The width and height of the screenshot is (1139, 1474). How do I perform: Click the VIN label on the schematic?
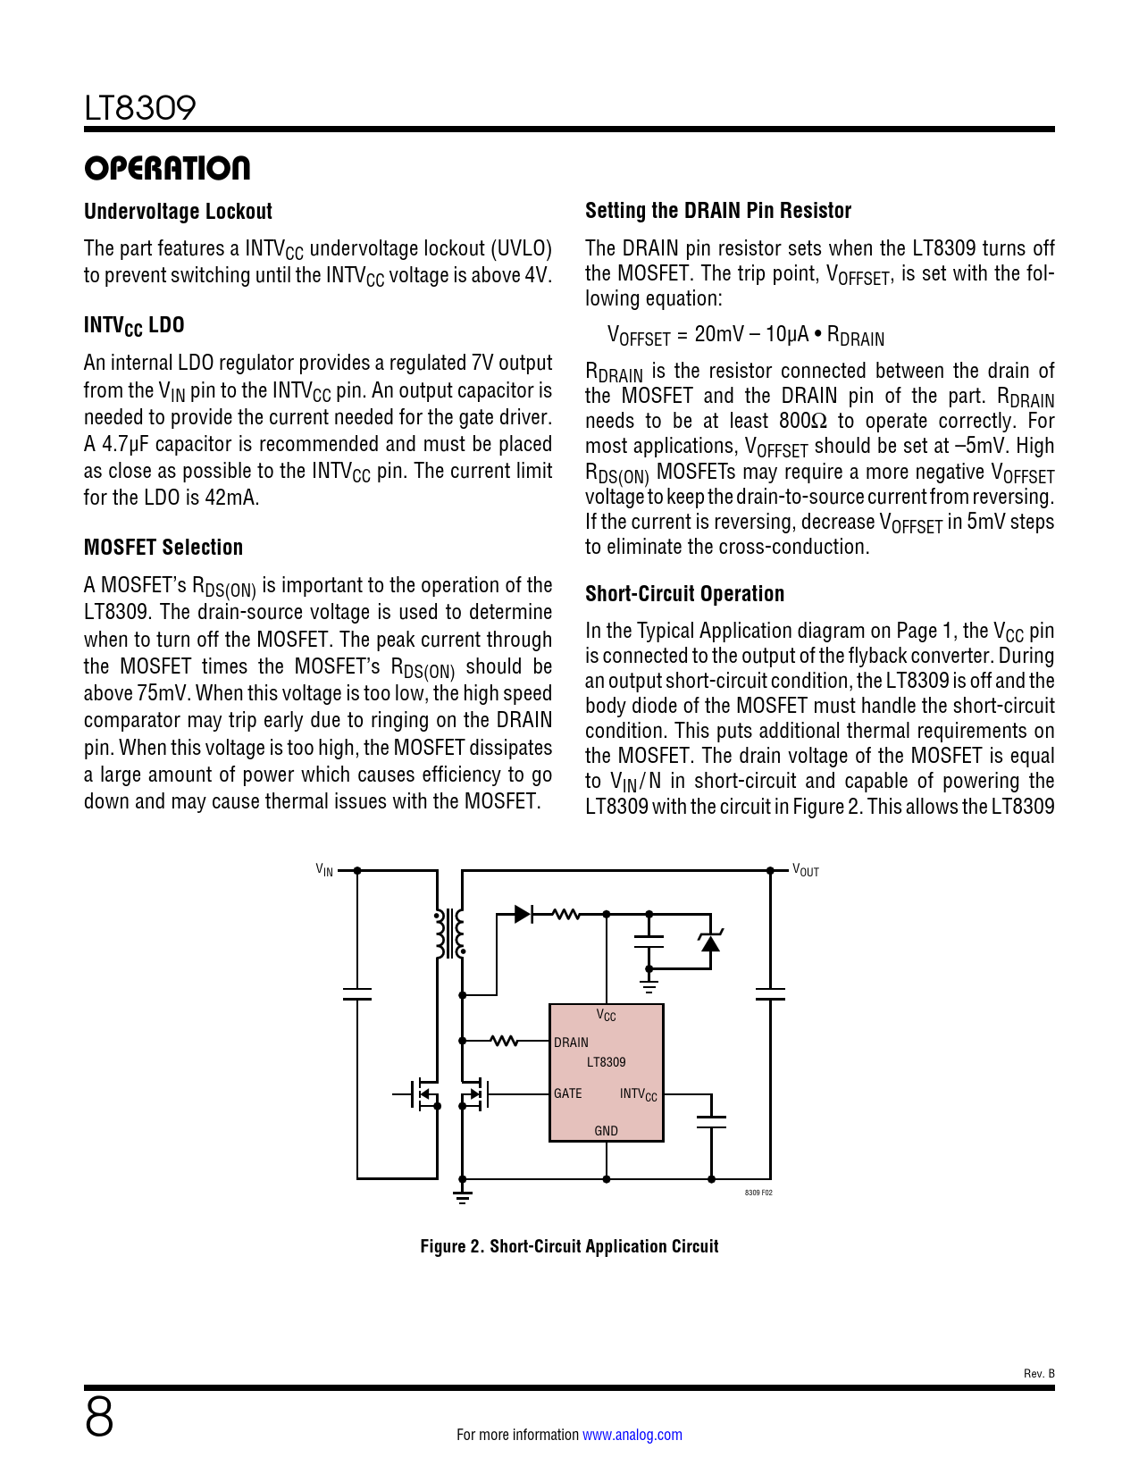(324, 869)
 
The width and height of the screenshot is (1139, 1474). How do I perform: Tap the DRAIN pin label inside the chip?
(571, 1042)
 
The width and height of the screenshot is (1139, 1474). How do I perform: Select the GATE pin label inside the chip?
(568, 1093)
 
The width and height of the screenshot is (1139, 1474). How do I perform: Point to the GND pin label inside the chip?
(606, 1130)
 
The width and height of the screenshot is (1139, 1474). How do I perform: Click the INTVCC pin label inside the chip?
(639, 1094)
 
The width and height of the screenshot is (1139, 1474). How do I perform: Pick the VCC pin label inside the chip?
(606, 1015)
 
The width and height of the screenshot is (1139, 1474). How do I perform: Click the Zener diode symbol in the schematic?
(710, 942)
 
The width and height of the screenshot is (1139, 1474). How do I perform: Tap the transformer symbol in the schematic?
(449, 934)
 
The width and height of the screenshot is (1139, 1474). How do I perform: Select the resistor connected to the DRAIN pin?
(504, 1041)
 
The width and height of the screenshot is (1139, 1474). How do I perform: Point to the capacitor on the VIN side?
(356, 994)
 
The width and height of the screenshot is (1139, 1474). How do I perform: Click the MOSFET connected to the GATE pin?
(473, 1093)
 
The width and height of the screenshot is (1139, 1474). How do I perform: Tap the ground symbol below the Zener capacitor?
(649, 986)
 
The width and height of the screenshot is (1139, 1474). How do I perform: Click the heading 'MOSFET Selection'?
(163, 547)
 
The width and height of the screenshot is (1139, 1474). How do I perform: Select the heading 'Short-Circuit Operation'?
(684, 593)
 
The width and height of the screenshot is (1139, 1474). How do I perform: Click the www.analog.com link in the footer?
(632, 1435)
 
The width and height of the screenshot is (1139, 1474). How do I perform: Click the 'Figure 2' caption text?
(569, 1246)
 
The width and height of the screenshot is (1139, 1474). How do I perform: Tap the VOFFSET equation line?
(746, 335)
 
